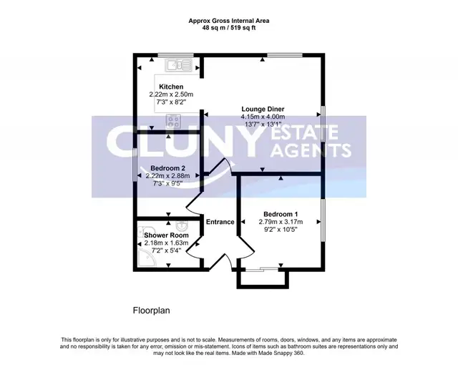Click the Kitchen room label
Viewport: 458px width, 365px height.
point(171,87)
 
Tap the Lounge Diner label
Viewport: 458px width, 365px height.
point(263,109)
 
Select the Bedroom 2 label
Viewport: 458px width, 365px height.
point(167,168)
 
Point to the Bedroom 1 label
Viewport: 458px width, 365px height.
point(281,214)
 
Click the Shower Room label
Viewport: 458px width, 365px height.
point(166,235)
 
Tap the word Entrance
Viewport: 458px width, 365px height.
point(220,222)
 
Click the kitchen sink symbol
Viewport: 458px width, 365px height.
point(178,65)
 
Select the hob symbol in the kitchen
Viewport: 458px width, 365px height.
point(173,121)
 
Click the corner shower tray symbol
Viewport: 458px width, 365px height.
point(147,257)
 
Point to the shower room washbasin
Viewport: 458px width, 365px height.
point(182,225)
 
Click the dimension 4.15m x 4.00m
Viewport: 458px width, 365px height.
point(263,117)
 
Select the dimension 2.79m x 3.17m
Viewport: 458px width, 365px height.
point(281,222)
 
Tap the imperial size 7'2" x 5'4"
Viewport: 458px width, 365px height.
point(166,250)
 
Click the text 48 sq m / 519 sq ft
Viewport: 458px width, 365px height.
point(229,28)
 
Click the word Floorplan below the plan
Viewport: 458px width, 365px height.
point(151,311)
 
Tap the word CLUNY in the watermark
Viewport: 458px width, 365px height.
point(184,142)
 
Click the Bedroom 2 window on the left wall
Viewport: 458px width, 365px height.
point(135,165)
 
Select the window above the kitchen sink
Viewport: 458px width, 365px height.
point(175,55)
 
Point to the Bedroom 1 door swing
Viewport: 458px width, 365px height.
point(247,248)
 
